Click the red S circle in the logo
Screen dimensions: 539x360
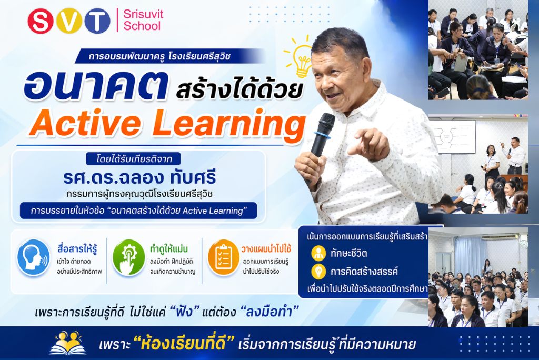[x=41, y=21]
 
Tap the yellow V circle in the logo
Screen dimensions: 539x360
[x=69, y=21]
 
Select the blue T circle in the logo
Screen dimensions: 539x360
[x=97, y=21]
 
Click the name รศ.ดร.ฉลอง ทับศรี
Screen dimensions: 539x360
[x=139, y=177]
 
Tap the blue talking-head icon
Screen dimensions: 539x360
[x=34, y=257]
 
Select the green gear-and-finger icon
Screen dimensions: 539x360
[x=129, y=257]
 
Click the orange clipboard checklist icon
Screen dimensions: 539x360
[x=224, y=257]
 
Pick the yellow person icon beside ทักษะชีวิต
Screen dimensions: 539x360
[x=318, y=253]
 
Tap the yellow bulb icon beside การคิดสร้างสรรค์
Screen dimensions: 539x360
[x=318, y=271]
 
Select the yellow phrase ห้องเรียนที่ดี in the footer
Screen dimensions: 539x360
[x=184, y=343]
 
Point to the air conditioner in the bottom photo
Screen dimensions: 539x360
[x=500, y=237]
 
